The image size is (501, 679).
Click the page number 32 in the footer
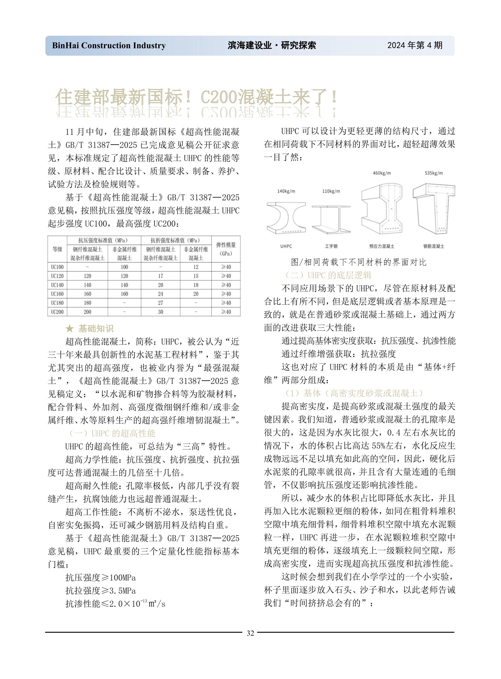[250, 633]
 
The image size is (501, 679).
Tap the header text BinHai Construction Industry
[109, 45]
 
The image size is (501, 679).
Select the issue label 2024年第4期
[415, 45]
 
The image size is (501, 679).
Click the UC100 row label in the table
[57, 267]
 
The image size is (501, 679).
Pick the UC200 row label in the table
[57, 312]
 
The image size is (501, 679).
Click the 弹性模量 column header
[226, 249]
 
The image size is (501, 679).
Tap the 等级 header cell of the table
[57, 249]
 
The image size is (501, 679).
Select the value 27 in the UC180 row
[161, 303]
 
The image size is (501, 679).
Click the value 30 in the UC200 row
[161, 312]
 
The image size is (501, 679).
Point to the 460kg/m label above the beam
[382, 173]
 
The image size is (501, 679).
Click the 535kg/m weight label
[434, 173]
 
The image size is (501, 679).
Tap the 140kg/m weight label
[286, 191]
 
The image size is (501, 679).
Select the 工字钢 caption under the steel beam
[331, 246]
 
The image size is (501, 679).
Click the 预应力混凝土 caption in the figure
[382, 246]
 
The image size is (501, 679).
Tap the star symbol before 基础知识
[69, 328]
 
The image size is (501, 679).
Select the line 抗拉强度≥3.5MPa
[100, 591]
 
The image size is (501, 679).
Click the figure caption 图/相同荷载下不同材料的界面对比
[358, 262]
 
